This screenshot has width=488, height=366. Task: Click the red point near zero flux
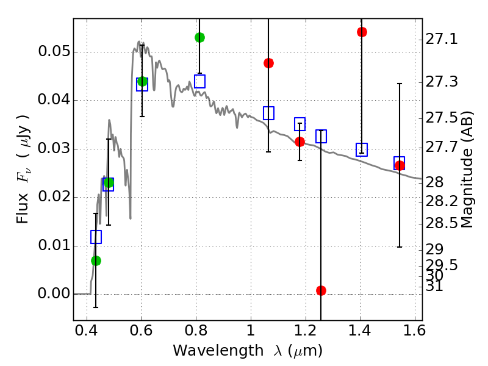tap(321, 290)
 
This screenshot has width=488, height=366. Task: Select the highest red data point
tap(362, 32)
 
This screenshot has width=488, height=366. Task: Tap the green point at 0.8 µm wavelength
tap(199, 37)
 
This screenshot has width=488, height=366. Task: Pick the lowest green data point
tap(96, 260)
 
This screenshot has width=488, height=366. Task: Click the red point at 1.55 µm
tap(400, 165)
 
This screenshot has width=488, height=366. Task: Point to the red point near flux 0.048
tap(268, 63)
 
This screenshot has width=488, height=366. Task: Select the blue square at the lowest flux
tap(96, 237)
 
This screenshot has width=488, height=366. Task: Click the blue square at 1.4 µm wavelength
tap(362, 149)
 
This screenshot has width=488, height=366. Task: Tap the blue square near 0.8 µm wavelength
tap(199, 81)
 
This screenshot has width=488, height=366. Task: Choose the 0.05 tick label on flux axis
tap(54, 52)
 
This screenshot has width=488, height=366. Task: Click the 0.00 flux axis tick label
tap(54, 294)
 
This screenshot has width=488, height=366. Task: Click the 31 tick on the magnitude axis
tap(436, 286)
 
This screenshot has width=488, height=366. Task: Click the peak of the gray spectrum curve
tap(138, 41)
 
